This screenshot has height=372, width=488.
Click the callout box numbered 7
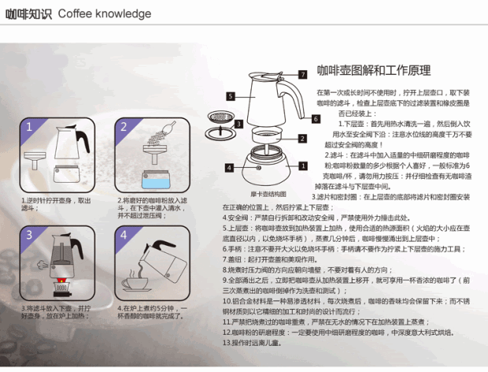[302, 73]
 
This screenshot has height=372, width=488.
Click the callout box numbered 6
[315, 119]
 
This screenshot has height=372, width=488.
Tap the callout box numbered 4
[228, 168]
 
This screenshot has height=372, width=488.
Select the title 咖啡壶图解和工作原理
[373, 70]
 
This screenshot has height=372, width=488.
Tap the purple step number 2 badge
[124, 126]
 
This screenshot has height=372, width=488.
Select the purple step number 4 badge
[124, 234]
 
